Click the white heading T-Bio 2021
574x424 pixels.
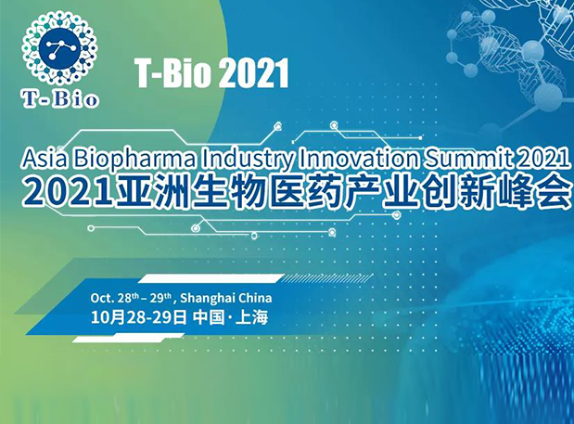211,73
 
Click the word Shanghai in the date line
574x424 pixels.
209,299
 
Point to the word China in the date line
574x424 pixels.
256,299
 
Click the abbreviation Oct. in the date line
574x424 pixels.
102,299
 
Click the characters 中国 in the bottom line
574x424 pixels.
210,318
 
